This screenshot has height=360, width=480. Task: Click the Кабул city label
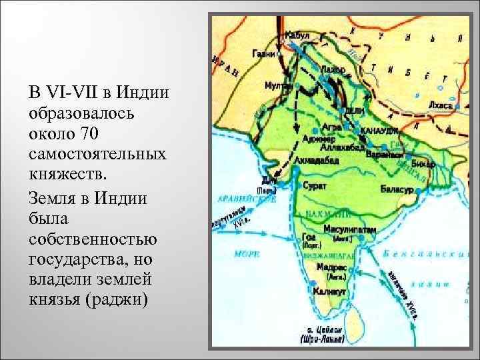coord(297,34)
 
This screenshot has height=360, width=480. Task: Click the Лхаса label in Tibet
coord(441,105)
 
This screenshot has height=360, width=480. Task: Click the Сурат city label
coord(315,186)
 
